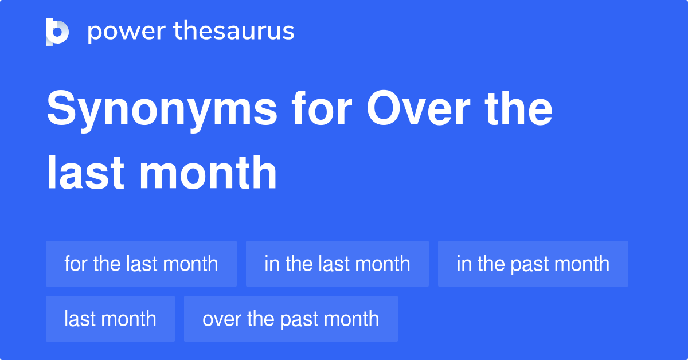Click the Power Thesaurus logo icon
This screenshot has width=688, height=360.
tap(57, 32)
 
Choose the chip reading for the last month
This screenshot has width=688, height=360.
tap(141, 264)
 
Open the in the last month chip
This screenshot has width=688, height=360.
tap(337, 264)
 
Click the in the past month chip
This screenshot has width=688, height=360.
tap(533, 264)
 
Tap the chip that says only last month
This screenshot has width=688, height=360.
tap(110, 319)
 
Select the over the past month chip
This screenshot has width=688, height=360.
tap(291, 319)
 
